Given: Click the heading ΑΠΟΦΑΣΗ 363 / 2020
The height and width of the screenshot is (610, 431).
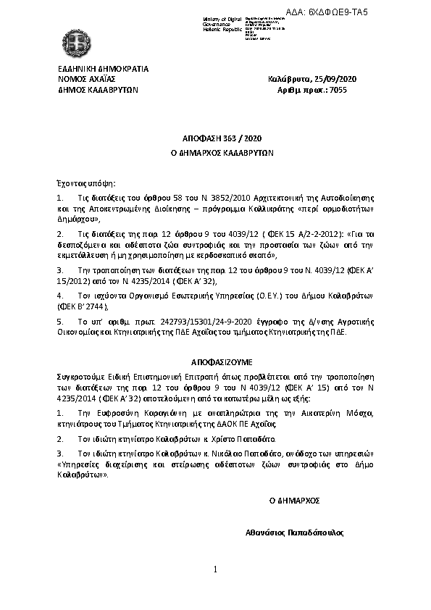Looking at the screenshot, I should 215,138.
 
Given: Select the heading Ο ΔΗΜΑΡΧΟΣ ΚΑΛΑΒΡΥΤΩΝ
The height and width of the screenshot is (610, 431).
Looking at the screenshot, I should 215,154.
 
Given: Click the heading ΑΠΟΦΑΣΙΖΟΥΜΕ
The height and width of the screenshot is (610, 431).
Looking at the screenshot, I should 215,360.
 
